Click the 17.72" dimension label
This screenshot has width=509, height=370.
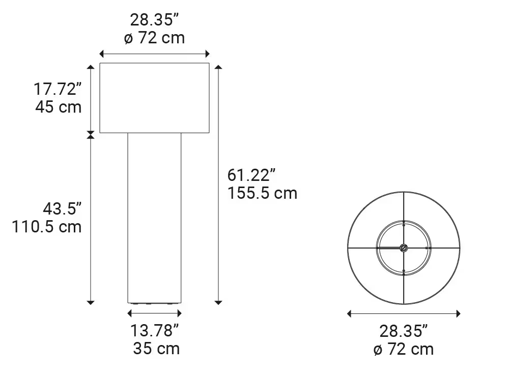(x=58, y=90)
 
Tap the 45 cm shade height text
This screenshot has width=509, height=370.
(x=59, y=108)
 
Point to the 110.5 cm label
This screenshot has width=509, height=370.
(x=47, y=226)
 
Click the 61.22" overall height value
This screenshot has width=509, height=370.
(x=251, y=175)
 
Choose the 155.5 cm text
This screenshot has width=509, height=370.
(x=262, y=193)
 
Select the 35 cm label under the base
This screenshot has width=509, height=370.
(x=156, y=349)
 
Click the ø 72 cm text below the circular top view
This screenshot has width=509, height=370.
(x=403, y=349)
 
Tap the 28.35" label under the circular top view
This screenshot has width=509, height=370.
(x=403, y=331)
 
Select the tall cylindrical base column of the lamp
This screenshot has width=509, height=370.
(x=154, y=217)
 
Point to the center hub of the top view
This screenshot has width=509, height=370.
(x=403, y=248)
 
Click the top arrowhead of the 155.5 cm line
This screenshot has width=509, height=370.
(x=219, y=67)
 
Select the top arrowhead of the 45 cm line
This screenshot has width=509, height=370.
(x=91, y=67)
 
